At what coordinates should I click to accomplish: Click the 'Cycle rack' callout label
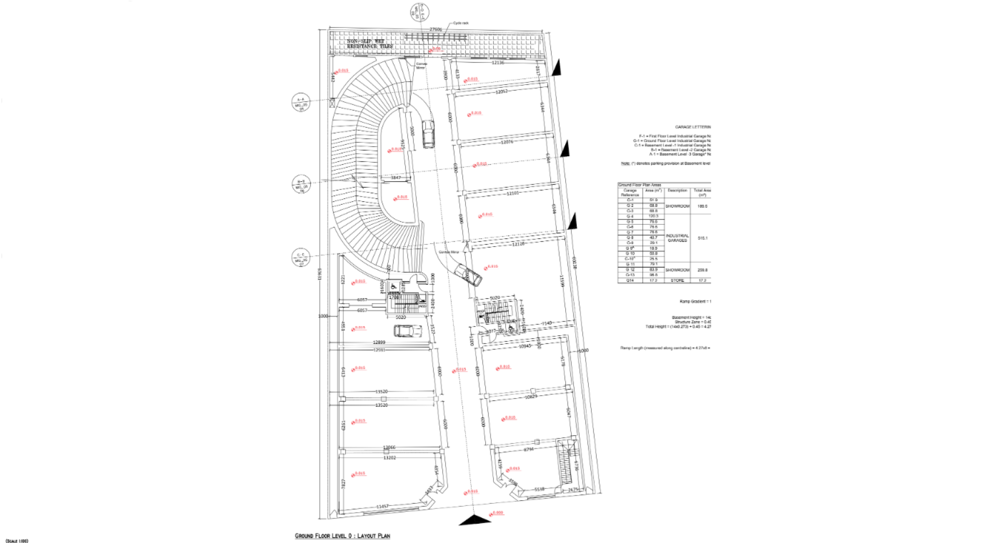tap(461, 23)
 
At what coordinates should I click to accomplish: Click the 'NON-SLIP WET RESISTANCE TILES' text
tap(370, 43)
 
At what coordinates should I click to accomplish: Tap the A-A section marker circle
tap(301, 103)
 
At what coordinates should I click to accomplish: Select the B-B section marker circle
tap(301, 184)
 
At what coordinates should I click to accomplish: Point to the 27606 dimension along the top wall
tap(436, 30)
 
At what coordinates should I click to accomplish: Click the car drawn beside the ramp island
tap(428, 134)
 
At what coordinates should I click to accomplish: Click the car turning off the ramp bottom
tap(467, 274)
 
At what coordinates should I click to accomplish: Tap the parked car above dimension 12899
tap(407, 331)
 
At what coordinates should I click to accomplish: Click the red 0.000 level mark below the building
tap(497, 513)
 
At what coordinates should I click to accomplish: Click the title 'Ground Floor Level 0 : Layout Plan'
tap(342, 536)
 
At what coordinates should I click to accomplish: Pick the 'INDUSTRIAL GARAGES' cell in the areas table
tap(677, 238)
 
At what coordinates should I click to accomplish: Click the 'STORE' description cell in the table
tap(677, 281)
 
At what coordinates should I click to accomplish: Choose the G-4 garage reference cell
tap(630, 216)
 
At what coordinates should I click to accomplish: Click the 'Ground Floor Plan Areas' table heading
tap(640, 185)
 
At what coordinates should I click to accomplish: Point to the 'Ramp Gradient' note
tap(694, 302)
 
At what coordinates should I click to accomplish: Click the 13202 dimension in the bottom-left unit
tap(390, 458)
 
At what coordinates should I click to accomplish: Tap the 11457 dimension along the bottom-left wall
tap(383, 506)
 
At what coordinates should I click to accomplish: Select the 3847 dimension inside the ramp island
tap(396, 178)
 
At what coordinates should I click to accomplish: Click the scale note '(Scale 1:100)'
tap(16, 540)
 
